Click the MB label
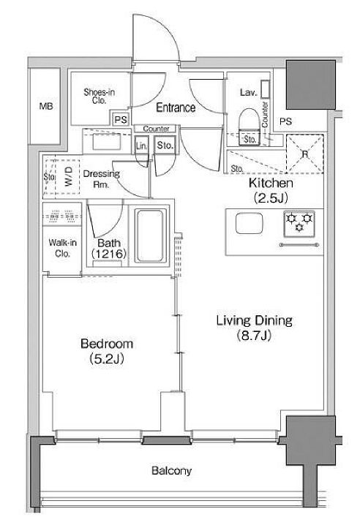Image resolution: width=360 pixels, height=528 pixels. point(46,106)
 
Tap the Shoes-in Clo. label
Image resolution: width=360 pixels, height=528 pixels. point(99,96)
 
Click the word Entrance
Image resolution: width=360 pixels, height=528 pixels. point(176,108)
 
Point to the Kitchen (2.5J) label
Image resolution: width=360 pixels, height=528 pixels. point(271,190)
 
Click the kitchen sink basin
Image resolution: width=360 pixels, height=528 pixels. point(249,223)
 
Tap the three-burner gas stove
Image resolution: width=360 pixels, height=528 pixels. point(299,222)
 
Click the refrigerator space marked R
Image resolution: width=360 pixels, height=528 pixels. point(304,154)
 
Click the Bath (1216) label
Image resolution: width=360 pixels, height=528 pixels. point(108,248)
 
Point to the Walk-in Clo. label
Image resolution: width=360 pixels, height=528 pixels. point(62,248)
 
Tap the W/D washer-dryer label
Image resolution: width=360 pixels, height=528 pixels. point(69,176)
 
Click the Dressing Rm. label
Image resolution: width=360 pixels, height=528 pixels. point(101,179)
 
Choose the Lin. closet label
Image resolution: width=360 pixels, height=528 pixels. point(141,146)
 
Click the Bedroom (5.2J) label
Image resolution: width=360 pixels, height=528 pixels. point(107,351)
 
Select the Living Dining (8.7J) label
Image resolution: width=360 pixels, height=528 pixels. point(254,328)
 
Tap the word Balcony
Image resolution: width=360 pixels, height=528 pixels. point(171,470)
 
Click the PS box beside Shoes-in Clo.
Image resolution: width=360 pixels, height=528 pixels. point(121,119)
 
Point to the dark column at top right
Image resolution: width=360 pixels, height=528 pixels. point(311,85)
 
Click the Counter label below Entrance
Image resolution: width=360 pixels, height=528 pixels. point(156,129)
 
